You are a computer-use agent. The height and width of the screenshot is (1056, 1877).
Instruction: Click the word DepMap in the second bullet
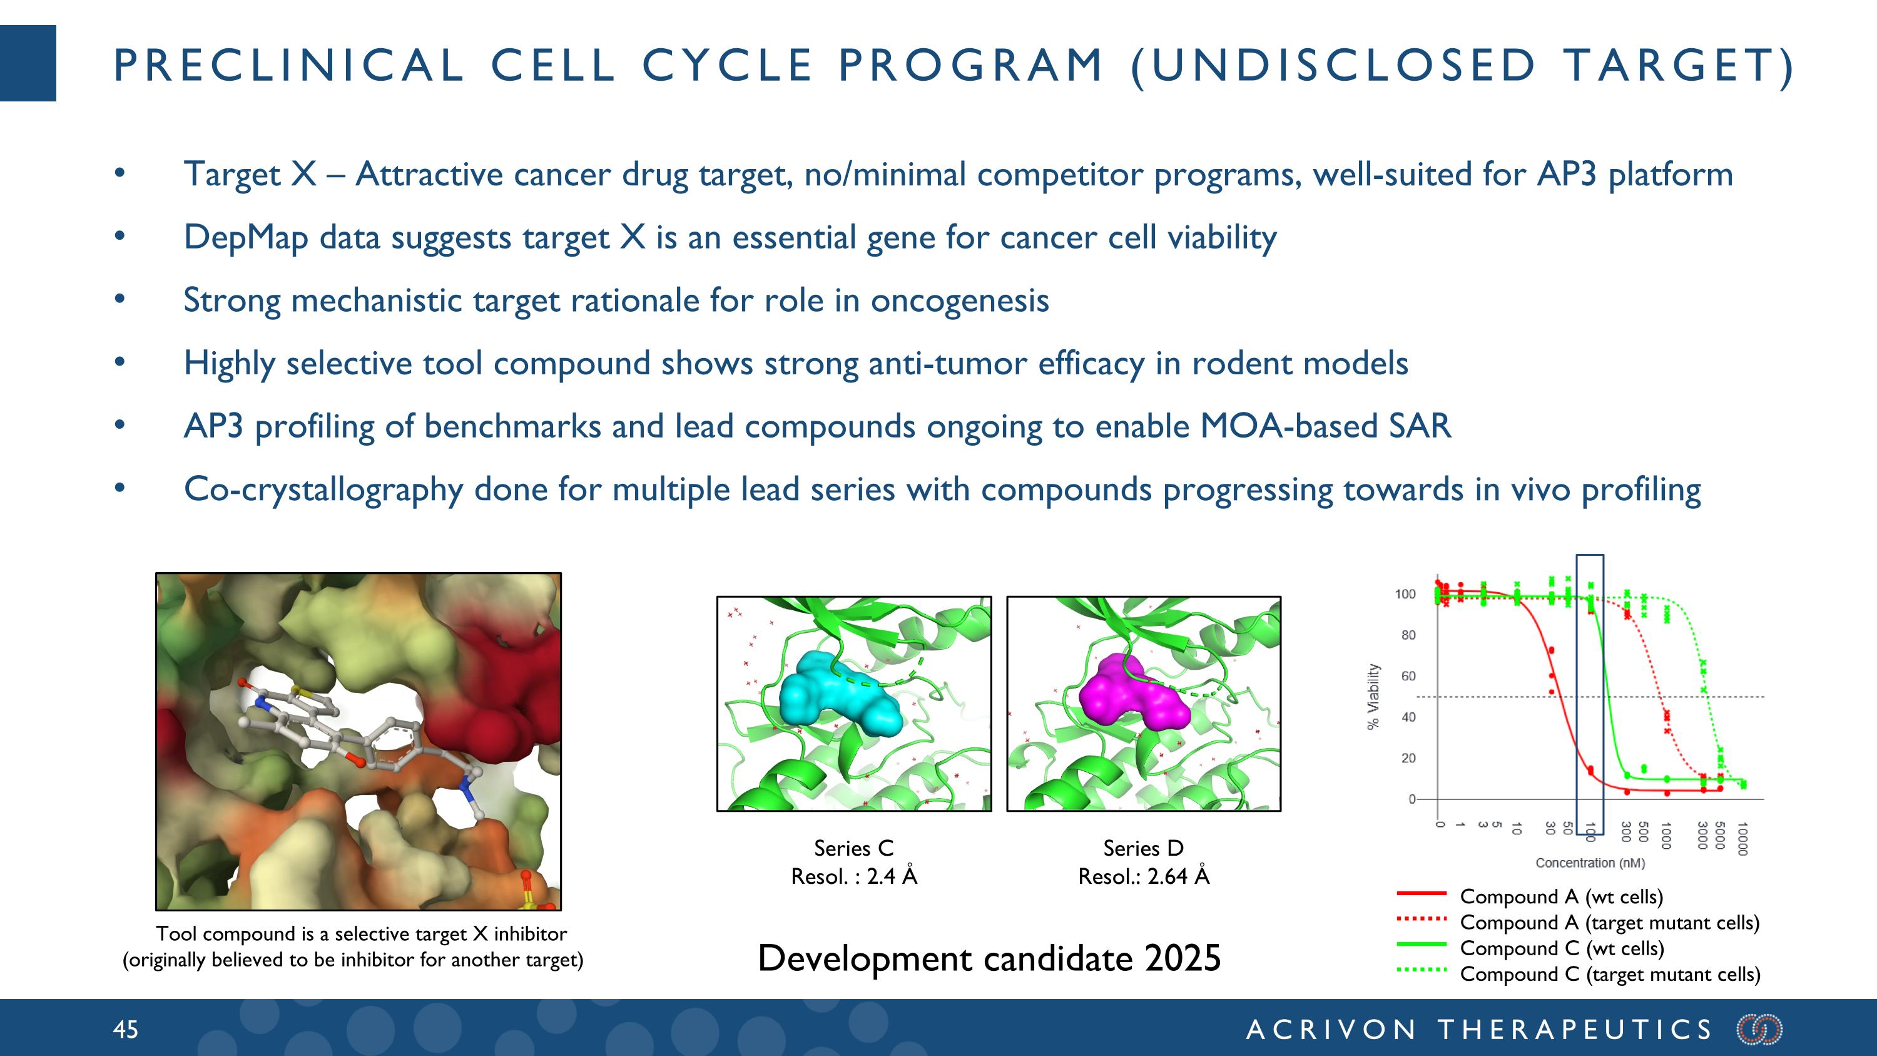245,238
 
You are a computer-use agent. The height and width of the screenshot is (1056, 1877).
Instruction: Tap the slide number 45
125,1029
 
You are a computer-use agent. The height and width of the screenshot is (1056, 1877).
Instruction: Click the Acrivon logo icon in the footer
1759,1029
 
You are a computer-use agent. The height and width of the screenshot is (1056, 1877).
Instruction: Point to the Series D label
1143,848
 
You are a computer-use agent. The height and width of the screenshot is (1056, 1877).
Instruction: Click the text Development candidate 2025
989,958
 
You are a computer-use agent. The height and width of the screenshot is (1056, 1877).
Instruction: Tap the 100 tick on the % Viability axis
1405,594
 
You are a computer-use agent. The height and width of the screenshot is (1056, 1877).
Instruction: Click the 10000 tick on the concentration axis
1742,838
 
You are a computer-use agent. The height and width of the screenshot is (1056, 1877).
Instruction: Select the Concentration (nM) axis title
1590,863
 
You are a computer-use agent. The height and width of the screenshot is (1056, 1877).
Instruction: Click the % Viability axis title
1373,696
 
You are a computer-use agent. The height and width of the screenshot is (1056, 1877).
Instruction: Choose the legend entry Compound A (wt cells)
1562,896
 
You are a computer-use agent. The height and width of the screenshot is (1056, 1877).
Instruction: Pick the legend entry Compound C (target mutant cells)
1610,975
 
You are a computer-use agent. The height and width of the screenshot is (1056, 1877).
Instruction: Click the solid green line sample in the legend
1421,945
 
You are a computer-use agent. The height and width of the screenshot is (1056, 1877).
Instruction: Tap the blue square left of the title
28,63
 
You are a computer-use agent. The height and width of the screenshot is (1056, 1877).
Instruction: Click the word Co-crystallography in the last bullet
323,490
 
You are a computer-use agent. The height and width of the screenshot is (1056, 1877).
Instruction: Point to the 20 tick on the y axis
1408,758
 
